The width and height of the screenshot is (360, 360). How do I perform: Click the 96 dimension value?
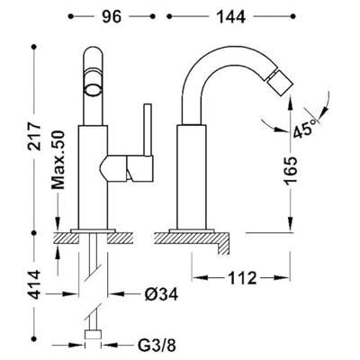112,17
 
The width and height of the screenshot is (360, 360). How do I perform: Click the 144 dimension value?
231,17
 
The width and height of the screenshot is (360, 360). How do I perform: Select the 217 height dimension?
33,137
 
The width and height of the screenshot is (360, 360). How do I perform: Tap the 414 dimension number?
33,284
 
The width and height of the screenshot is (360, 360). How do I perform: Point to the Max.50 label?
58,159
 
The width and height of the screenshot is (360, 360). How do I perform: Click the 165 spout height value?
290,170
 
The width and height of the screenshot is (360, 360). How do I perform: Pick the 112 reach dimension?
242,278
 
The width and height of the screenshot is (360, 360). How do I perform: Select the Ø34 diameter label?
161,294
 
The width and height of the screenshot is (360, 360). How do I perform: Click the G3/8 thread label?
157,346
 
